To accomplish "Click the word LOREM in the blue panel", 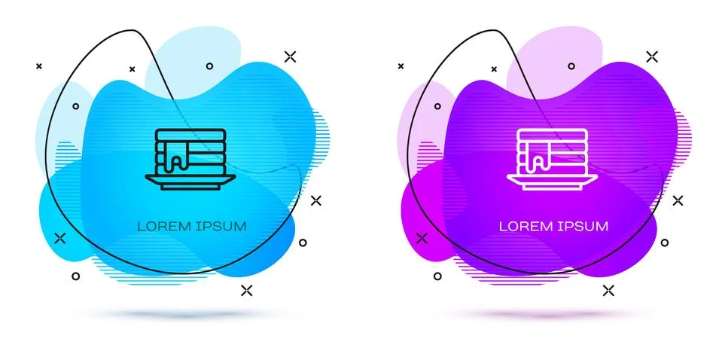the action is tap(163, 227).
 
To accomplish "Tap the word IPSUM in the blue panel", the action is tap(221, 227).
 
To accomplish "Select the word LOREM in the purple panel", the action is tap(525, 227).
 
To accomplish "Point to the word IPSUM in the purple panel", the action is tap(583, 227).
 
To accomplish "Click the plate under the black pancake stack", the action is tap(190, 182).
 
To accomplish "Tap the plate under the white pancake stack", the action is tap(552, 182).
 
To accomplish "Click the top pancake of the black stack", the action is tap(190, 135).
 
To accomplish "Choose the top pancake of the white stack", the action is tap(553, 135).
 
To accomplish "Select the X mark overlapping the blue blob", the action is tap(60, 239).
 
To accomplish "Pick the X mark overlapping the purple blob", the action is tap(422, 239).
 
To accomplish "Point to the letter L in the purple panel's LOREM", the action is tap(504, 227).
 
